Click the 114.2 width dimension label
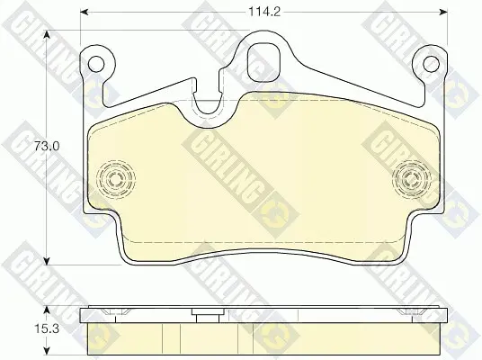click(264, 12)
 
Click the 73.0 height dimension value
click(47, 146)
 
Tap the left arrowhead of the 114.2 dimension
click(85, 12)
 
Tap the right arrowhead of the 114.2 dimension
click(443, 12)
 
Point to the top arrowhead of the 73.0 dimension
click(47, 34)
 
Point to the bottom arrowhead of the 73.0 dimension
click(47, 261)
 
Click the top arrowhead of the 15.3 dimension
click(47, 310)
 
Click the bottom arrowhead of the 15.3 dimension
click(47, 349)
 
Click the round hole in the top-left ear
click(96, 64)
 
